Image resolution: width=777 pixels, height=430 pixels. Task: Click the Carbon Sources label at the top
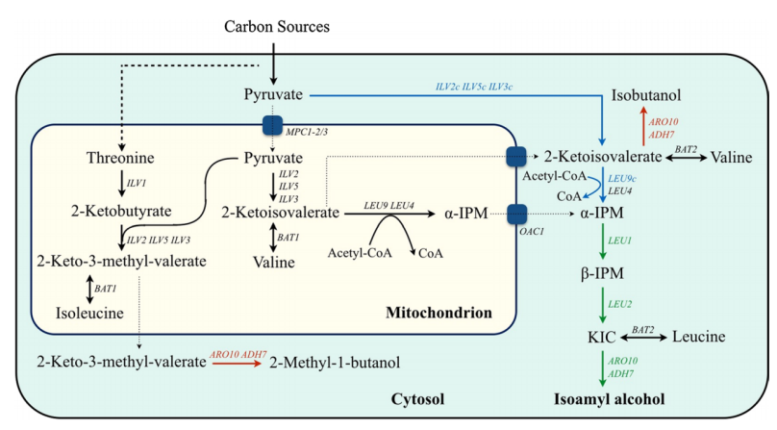pyautogui.click(x=277, y=26)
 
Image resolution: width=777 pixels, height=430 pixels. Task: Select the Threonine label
pyautogui.click(x=120, y=157)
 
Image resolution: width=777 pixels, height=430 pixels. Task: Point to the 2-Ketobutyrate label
pyautogui.click(x=120, y=208)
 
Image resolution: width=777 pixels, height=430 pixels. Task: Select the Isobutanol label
pyautogui.click(x=649, y=96)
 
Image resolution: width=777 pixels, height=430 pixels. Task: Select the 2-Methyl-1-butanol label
pyautogui.click(x=335, y=362)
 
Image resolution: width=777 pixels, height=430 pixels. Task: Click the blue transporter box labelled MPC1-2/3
pyautogui.click(x=272, y=125)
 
